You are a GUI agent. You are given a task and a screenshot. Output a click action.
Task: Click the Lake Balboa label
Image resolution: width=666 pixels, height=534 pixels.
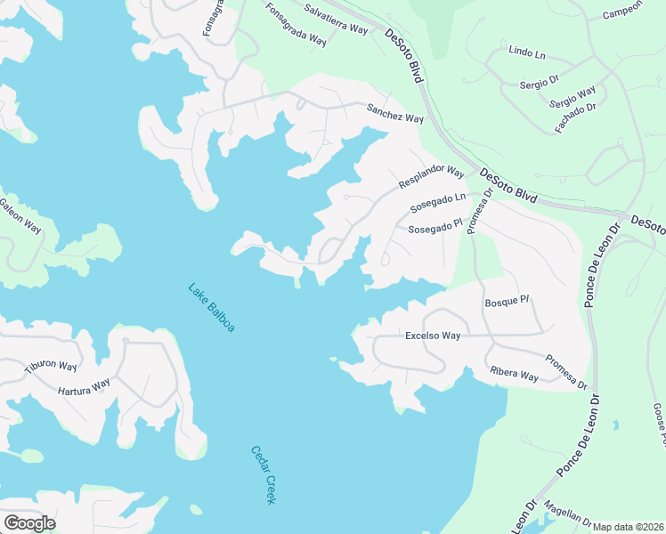click(211, 308)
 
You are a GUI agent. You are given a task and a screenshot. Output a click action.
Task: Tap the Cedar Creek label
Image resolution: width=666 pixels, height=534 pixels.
click(262, 475)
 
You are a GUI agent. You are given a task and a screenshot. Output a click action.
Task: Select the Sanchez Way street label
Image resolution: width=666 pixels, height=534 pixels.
click(394, 114)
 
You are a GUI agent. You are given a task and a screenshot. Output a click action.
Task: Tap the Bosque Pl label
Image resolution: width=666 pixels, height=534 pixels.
click(507, 303)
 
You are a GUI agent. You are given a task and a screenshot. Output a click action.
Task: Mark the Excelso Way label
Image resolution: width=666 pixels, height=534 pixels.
click(433, 336)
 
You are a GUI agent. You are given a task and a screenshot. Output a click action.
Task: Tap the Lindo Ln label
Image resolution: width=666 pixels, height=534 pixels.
click(526, 53)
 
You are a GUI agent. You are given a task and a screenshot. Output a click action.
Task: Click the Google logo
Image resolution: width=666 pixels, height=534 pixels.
click(29, 523)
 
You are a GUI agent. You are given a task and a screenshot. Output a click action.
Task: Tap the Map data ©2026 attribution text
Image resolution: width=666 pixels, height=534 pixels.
click(629, 527)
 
